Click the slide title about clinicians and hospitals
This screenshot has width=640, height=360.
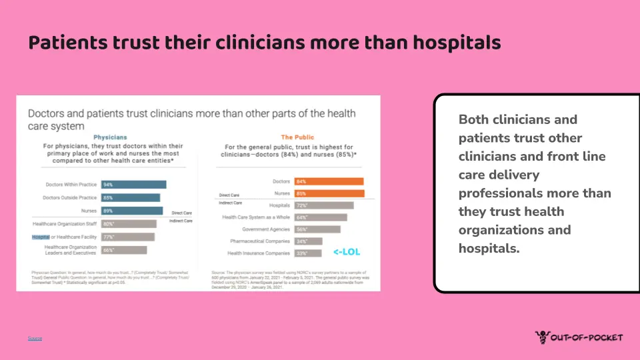pos(264,43)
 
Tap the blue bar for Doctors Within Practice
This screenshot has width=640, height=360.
pos(133,185)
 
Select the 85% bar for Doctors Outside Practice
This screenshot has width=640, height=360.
pos(130,198)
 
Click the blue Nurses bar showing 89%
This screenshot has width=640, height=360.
pos(131,211)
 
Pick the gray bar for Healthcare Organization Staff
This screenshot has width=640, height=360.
pos(128,224)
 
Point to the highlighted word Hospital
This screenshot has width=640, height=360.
pos(41,237)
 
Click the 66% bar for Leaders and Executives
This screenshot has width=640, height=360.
pos(123,250)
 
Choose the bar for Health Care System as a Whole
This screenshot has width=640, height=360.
pos(320,217)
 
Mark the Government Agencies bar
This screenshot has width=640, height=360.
pos(317,229)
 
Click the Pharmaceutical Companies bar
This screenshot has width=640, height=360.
pos(308,241)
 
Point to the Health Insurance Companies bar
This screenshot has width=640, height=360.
pos(307,253)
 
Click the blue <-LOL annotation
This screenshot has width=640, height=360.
pos(346,252)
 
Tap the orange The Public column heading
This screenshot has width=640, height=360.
pos(297,137)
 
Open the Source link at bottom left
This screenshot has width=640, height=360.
pos(35,339)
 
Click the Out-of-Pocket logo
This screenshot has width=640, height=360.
pos(579,337)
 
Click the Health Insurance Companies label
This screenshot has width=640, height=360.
pos(259,253)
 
